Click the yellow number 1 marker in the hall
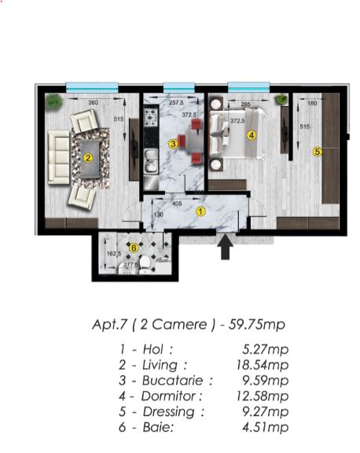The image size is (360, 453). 200,211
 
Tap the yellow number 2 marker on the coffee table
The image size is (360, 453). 88,157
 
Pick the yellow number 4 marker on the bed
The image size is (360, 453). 251,134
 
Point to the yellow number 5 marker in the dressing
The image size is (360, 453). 317,151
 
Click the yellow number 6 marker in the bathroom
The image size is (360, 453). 134,248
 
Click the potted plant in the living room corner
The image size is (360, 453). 53,101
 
